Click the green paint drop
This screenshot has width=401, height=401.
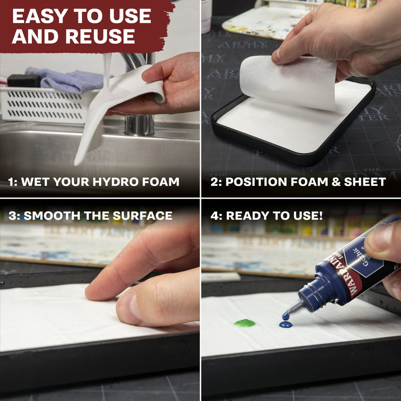coord(244,323)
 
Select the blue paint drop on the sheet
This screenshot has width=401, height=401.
coord(286,325)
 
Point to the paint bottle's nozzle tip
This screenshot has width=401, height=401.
coord(286,316)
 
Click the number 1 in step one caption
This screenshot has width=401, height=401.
coord(11,182)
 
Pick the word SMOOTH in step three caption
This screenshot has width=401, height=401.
coord(51,216)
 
